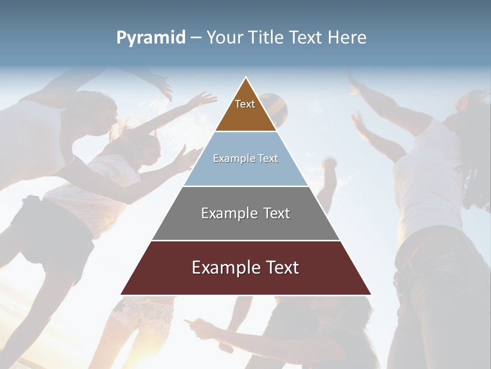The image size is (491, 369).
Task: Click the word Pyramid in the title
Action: point(151,38)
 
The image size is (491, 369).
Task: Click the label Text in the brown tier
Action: point(245,104)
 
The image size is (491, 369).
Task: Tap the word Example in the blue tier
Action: point(229,159)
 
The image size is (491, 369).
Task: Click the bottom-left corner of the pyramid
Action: point(122,294)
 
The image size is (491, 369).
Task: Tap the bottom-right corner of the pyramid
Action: point(370,294)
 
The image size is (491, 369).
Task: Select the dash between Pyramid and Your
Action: point(196,38)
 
